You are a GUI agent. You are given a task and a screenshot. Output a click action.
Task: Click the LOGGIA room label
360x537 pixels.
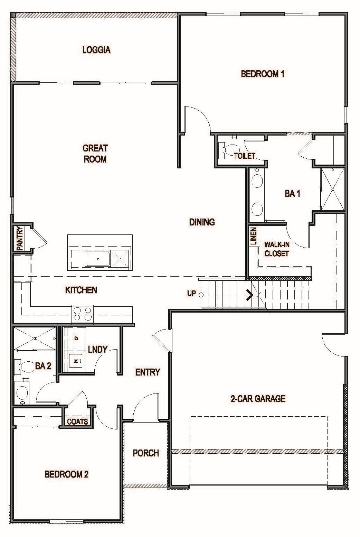click(x=96, y=50)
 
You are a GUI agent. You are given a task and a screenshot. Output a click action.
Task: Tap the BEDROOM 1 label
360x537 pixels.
click(x=263, y=74)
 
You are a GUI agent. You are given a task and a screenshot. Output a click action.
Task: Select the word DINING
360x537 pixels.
click(x=202, y=222)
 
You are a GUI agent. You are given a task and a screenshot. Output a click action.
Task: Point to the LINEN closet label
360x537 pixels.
click(x=254, y=236)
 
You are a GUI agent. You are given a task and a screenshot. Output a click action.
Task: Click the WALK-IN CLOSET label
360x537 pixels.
click(x=277, y=249)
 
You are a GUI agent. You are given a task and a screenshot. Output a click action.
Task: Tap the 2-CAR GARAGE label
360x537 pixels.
click(x=258, y=399)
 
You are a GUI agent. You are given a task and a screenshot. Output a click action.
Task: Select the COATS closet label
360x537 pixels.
click(x=77, y=422)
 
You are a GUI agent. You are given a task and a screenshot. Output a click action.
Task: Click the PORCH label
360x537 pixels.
click(x=146, y=453)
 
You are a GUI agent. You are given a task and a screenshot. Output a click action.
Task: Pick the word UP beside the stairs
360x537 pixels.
click(x=191, y=293)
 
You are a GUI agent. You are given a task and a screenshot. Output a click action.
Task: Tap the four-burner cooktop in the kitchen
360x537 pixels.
click(x=82, y=314)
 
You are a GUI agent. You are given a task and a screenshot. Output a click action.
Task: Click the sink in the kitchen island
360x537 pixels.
click(x=98, y=259)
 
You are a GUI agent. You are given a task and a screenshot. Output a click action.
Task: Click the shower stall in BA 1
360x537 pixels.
click(x=333, y=189)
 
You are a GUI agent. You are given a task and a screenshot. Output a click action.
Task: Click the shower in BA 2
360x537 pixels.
click(x=35, y=338)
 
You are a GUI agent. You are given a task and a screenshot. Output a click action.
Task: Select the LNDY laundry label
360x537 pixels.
click(x=97, y=350)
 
